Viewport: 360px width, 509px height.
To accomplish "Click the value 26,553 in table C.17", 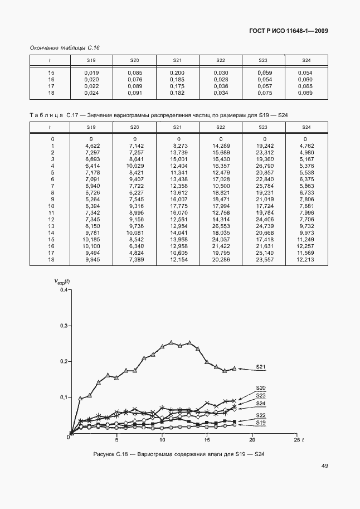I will (x=221, y=226).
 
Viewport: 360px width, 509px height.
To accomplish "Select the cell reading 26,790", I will (x=264, y=166).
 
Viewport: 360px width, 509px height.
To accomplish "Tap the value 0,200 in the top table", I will (x=177, y=73).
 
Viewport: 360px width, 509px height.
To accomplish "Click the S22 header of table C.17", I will (x=221, y=128).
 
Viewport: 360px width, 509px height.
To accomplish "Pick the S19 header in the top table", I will (x=91, y=60).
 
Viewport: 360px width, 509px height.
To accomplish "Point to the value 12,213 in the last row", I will (x=305, y=260).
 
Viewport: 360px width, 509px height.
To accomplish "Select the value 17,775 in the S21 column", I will (x=177, y=206).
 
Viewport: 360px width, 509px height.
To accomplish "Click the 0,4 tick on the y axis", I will (x=63, y=290).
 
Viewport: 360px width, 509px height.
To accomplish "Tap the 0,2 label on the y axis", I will (x=63, y=361).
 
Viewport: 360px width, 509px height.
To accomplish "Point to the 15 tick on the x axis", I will (x=207, y=439).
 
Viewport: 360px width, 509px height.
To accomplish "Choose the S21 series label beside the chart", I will (x=261, y=367).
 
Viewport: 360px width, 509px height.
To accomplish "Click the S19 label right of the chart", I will (x=260, y=423).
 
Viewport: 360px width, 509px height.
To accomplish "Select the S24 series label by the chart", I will (x=260, y=403).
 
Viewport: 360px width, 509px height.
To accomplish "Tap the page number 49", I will (x=324, y=466).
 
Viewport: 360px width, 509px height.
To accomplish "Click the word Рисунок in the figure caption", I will (x=109, y=454).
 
